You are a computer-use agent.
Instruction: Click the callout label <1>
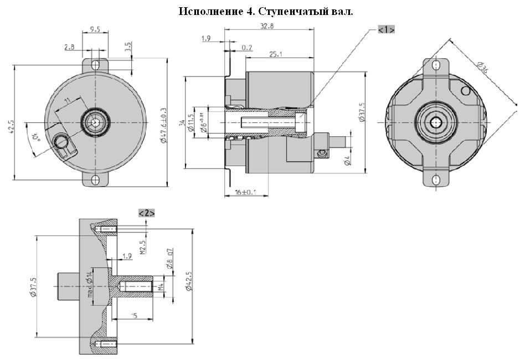(x=386, y=30)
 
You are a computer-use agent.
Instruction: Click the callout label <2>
(x=146, y=213)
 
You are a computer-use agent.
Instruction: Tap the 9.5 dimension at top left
(x=95, y=30)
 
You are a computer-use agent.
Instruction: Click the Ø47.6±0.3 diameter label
(x=164, y=125)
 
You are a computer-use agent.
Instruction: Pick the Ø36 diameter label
(x=482, y=68)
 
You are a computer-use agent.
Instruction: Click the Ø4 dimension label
(x=346, y=161)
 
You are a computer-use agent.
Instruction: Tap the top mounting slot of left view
(x=96, y=65)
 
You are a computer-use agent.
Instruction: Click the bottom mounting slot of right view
(x=436, y=179)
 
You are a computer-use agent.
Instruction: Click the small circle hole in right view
(x=466, y=90)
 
